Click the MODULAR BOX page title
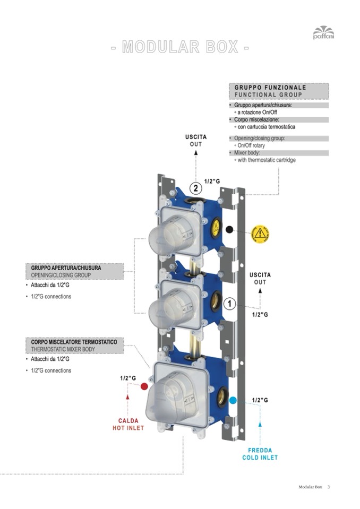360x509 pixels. pos(180,47)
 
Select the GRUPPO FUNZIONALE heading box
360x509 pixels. pos(279,91)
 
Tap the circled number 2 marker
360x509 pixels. pos(195,188)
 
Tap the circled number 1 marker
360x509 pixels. pos(229,304)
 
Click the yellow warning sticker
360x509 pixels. pos(260,233)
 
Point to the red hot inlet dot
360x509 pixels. pos(143,387)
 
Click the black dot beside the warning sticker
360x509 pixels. pos(229,230)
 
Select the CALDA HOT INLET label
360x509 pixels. pos(128,424)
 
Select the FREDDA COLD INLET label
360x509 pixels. pos(260,454)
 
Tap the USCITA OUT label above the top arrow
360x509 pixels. pos(196,141)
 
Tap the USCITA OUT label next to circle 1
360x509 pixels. pos(260,278)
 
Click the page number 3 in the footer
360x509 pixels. pos(329,487)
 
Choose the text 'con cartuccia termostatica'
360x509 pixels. pos(267,127)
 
